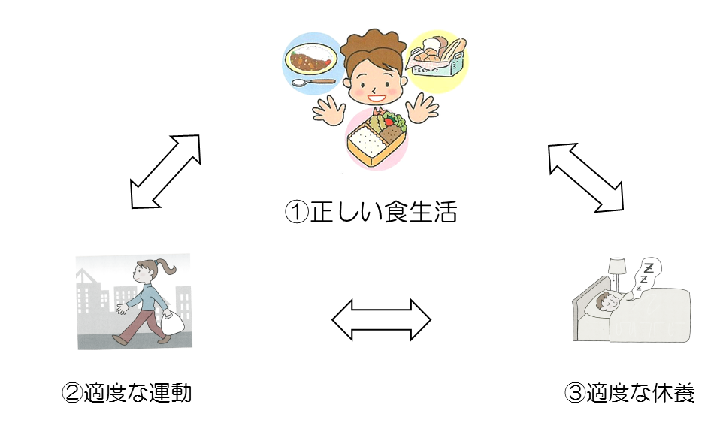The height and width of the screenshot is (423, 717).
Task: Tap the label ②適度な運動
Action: [x=127, y=391]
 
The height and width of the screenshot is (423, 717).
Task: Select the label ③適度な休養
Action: [x=630, y=391]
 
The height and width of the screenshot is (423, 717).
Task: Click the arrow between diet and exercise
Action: [x=165, y=171]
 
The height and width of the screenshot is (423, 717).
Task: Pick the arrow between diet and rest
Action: [x=585, y=177]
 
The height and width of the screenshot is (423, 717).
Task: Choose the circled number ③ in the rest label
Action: [x=573, y=392]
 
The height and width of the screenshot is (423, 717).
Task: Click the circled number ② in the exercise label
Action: [x=73, y=392]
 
